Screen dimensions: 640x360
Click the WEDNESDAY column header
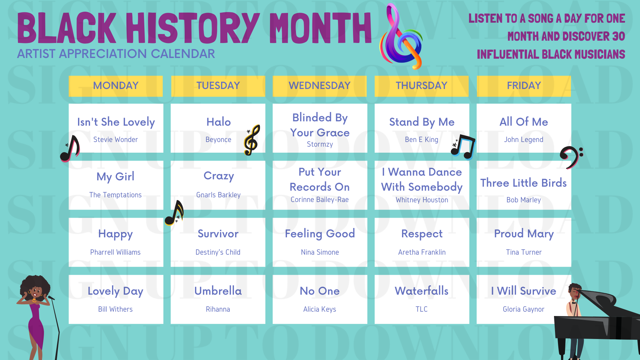coord(319,86)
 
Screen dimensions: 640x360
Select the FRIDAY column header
coord(524,86)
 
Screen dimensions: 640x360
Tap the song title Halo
coord(218,122)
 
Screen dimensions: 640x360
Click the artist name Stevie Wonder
coord(115,140)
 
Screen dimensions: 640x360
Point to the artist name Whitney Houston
coord(422,200)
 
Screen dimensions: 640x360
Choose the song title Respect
coord(422,234)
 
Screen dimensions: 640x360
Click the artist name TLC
coord(421,309)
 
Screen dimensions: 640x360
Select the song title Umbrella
coord(218,291)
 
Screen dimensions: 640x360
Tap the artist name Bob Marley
coord(523,200)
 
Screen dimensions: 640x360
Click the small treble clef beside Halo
coord(252,140)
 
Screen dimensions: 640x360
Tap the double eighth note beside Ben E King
coord(463,147)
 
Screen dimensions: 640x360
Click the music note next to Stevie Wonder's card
coord(70,149)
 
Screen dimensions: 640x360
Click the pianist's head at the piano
coord(574,291)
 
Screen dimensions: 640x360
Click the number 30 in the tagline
coord(618,36)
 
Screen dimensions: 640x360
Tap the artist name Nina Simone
coord(320,252)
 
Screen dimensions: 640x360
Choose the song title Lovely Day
coord(115,291)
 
